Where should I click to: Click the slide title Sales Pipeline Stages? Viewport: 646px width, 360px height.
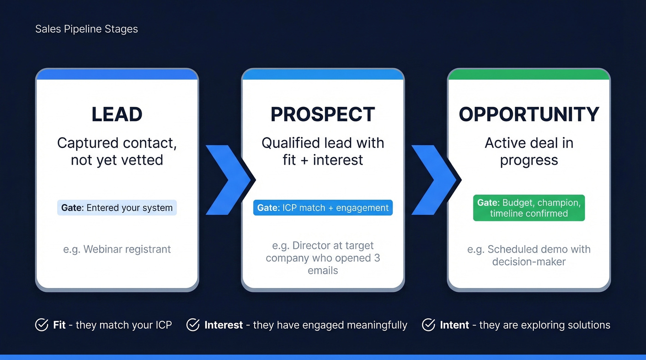[86, 29]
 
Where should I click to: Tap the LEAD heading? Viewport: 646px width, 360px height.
[117, 114]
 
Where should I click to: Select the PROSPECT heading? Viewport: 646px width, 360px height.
[323, 114]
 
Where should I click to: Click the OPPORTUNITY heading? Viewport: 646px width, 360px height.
[529, 114]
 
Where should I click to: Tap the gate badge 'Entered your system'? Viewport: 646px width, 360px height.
[117, 207]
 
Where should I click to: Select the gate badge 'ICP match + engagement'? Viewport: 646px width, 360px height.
[323, 207]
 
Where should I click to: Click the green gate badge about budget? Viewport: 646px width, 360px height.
[529, 208]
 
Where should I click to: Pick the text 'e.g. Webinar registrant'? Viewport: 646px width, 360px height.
[117, 249]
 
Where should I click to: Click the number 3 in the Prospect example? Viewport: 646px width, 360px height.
[377, 258]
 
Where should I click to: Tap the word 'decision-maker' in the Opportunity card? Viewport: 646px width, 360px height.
[529, 262]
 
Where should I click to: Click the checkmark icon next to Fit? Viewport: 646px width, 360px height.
[42, 325]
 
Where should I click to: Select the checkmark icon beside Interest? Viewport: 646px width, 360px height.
[193, 325]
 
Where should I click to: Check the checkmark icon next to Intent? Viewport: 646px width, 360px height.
[429, 325]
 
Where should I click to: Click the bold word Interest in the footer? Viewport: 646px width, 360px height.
[223, 325]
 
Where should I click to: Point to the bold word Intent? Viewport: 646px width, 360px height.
[455, 325]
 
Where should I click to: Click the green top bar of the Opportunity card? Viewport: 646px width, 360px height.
[529, 74]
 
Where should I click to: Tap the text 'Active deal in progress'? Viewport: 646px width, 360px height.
[529, 151]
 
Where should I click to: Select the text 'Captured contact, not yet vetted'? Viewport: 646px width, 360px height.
[117, 151]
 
